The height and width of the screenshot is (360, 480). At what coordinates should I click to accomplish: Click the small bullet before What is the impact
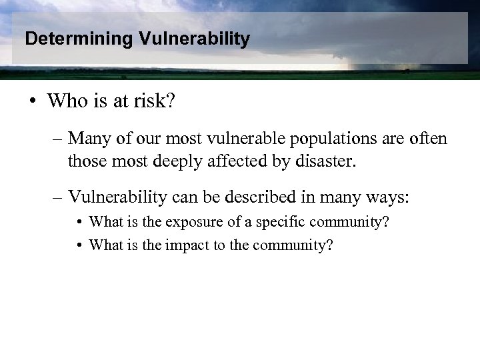point(79,245)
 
